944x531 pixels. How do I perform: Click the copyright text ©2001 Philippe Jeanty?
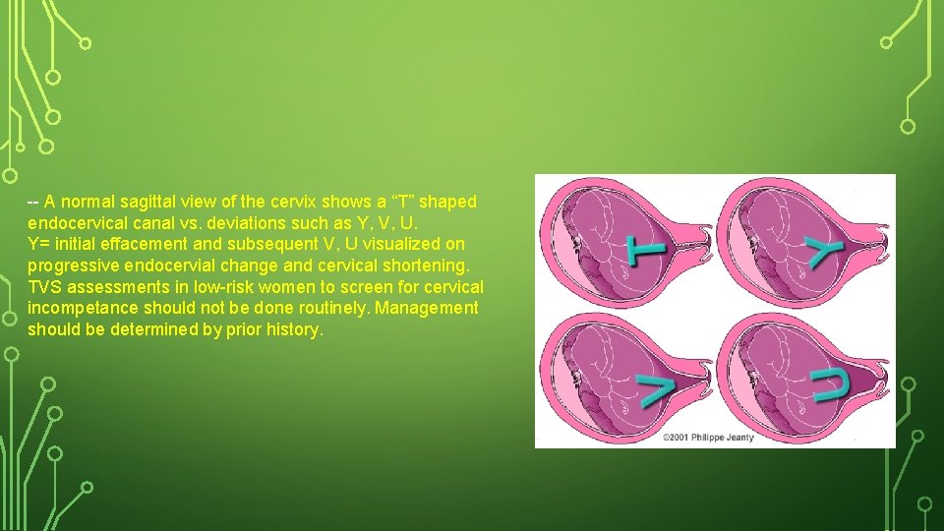[707, 437]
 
